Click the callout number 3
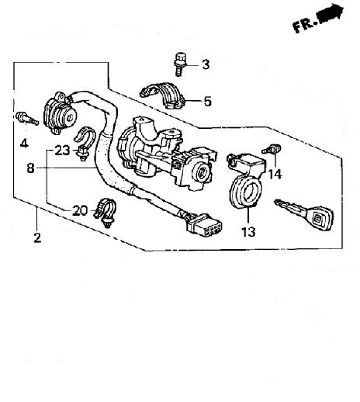click(206, 64)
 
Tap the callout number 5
click(207, 101)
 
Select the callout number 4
click(24, 143)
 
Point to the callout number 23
click(62, 151)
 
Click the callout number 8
click(30, 168)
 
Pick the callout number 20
click(80, 210)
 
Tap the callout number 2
click(37, 237)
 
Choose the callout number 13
click(248, 231)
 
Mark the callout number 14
click(275, 174)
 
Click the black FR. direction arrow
click(331, 14)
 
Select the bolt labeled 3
click(179, 64)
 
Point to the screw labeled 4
click(27, 119)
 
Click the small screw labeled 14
click(272, 149)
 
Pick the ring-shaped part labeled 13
click(245, 192)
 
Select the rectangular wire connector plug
click(204, 225)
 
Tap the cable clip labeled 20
click(105, 213)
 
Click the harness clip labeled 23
click(85, 144)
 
